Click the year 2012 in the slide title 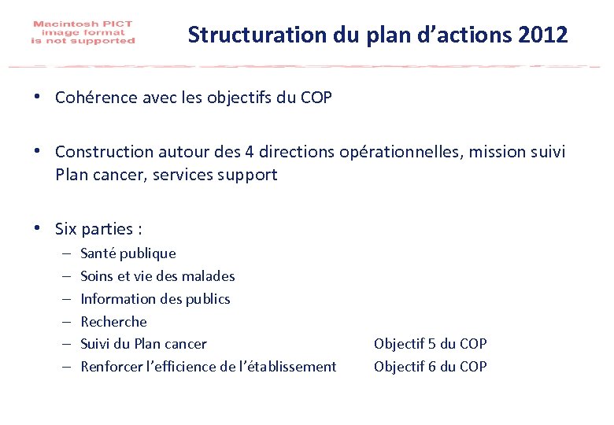pos(543,35)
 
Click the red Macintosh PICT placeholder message pos(83,33)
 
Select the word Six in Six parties pos(66,230)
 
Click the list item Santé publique pos(128,253)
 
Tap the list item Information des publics pos(155,299)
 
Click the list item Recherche pos(113,322)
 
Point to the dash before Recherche pos(65,322)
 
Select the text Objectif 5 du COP pos(430,344)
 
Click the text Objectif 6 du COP pos(430,367)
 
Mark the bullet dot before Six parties pos(38,229)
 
